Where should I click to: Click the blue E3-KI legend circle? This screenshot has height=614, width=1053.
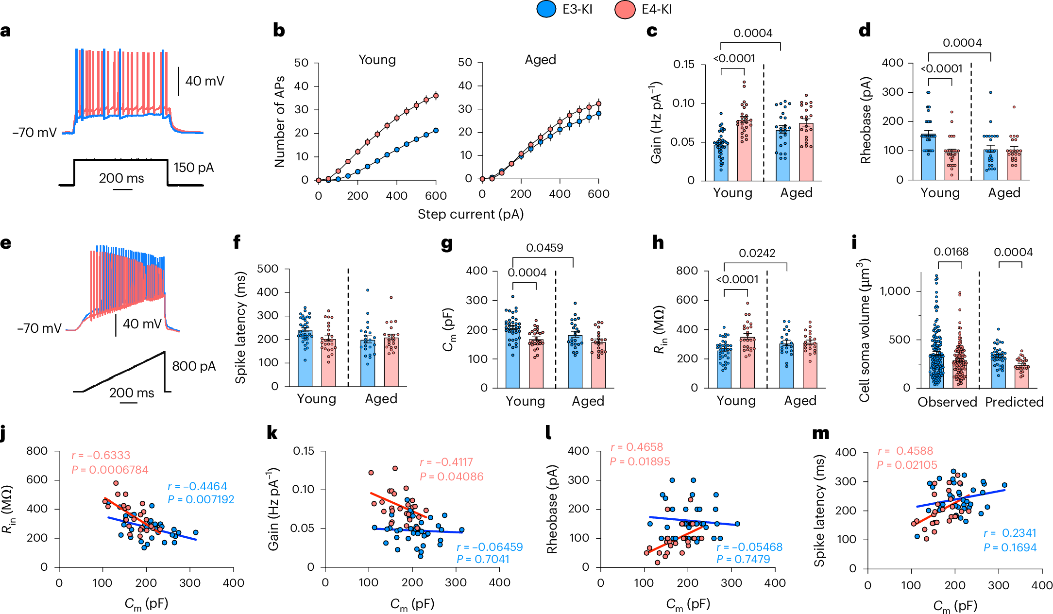[x=546, y=10]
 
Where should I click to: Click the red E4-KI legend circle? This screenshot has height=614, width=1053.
[x=625, y=10]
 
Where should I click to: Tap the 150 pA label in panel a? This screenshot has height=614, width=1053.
[x=193, y=168]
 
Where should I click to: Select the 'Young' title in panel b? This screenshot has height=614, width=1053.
[x=377, y=60]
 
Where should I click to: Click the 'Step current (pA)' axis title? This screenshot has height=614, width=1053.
[x=470, y=214]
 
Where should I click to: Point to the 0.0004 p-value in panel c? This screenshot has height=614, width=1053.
[x=752, y=33]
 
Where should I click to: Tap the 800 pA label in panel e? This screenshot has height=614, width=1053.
[x=193, y=366]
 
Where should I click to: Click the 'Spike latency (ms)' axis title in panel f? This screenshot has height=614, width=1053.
[x=240, y=327]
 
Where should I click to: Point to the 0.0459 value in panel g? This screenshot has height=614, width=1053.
[x=544, y=248]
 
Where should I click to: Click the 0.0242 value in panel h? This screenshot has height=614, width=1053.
[x=757, y=253]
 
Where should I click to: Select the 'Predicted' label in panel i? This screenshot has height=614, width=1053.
[x=1014, y=402]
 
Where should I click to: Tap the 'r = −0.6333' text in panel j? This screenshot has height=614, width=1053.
[x=101, y=455]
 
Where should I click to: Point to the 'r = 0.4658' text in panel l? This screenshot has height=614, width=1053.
[x=636, y=447]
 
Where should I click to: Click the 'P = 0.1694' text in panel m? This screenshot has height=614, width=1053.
[x=1010, y=548]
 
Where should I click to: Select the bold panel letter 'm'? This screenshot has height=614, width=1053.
[x=821, y=433]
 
